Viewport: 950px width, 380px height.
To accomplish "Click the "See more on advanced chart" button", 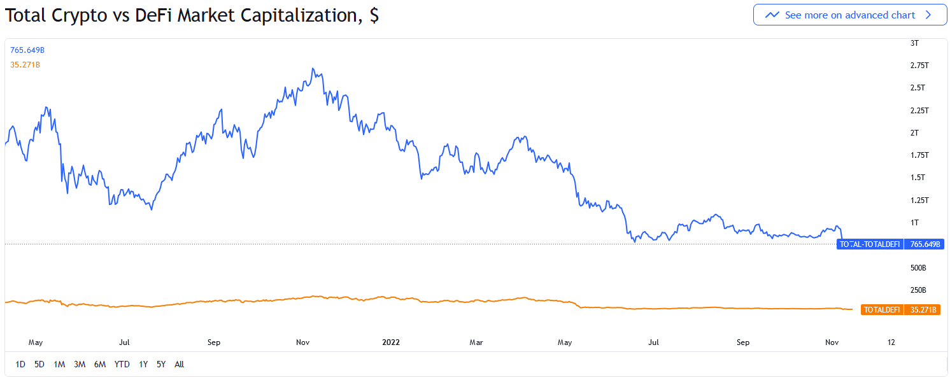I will click(x=849, y=15).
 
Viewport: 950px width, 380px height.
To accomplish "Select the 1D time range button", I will click(x=20, y=364).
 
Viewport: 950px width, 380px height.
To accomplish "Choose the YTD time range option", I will click(x=122, y=364).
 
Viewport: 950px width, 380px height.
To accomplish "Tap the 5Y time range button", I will click(x=161, y=364).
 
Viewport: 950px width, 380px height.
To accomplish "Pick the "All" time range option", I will click(x=179, y=364).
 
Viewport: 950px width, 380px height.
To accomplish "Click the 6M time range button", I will click(x=99, y=364).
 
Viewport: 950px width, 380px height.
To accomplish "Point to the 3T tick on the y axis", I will click(x=914, y=43).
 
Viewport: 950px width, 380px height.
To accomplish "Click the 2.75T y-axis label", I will click(x=919, y=66).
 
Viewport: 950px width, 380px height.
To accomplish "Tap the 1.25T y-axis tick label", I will click(x=919, y=200).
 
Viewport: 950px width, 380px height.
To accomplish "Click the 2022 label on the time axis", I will click(x=391, y=342).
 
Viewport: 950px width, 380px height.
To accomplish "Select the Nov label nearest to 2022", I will click(x=303, y=342).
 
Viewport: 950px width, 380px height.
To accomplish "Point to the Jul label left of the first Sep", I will click(x=124, y=342).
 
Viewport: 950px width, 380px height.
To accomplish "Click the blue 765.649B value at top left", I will click(x=27, y=50).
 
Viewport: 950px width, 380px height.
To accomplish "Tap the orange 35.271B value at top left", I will click(x=25, y=64).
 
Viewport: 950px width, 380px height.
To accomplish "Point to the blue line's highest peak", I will click(x=313, y=68).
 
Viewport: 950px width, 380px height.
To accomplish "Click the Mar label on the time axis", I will click(x=476, y=342).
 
